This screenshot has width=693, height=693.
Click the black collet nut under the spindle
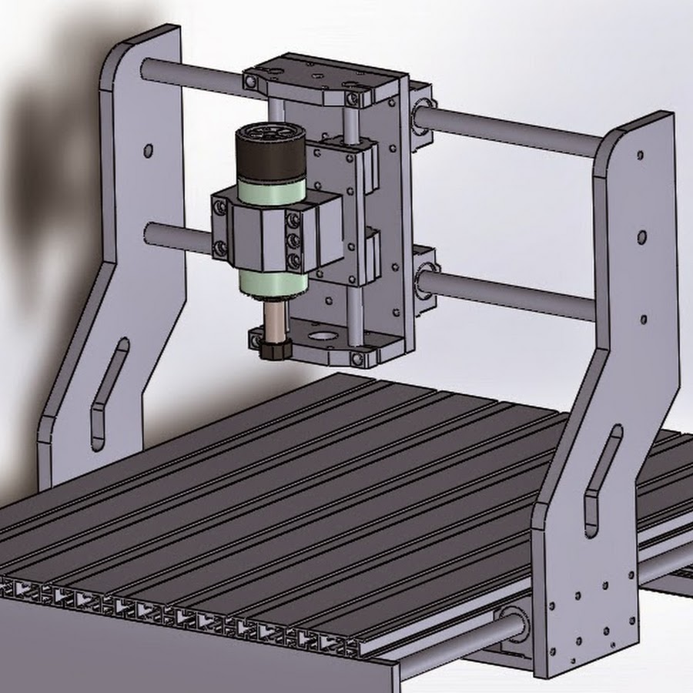[274, 348]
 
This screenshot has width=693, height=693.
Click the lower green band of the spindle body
[264, 283]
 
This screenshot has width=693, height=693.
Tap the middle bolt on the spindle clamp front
[293, 241]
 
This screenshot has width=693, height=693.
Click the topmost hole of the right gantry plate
[639, 154]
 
